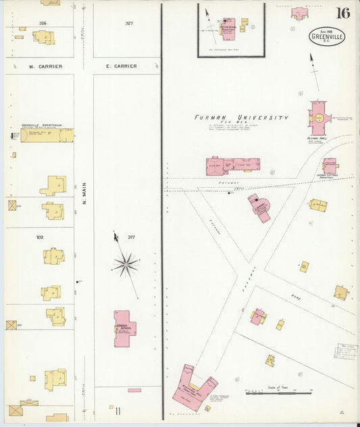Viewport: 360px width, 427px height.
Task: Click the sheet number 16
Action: click(342, 13)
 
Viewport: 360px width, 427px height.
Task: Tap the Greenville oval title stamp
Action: click(328, 36)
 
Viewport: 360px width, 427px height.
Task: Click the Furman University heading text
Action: click(241, 118)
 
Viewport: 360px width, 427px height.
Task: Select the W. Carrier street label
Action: click(45, 66)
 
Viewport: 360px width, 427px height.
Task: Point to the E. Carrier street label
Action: click(122, 66)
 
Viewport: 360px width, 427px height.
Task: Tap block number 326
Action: click(43, 23)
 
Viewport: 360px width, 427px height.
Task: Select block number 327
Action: click(129, 23)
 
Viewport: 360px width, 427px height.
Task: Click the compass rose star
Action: click(125, 263)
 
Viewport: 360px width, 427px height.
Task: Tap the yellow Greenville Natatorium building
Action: click(47, 135)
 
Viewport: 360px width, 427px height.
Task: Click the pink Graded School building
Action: click(124, 329)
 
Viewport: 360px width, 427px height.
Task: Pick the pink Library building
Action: click(259, 207)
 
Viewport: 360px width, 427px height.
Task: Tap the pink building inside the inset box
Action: click(228, 28)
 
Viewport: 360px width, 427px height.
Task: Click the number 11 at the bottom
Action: click(118, 410)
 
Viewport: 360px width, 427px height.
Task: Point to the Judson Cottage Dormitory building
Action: click(330, 165)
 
